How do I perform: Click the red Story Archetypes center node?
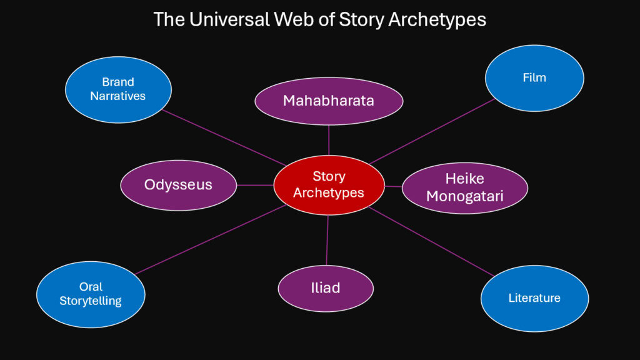coord(329,185)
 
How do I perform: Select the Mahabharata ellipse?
coord(329,101)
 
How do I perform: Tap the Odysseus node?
coord(178,185)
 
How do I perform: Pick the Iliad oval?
coord(326,288)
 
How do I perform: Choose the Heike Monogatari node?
coord(464,187)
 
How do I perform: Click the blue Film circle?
coord(534,78)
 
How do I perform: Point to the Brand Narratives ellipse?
coord(118,89)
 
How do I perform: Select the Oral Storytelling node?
coord(91,294)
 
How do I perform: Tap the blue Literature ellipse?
coord(534,298)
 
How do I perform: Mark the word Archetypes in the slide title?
coord(437,19)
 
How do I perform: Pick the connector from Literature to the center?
coord(431,241)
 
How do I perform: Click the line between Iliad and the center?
coord(327,240)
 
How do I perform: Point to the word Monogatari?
coord(464,196)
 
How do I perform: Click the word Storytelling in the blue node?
coord(91,301)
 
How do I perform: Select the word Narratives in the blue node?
coord(118,96)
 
